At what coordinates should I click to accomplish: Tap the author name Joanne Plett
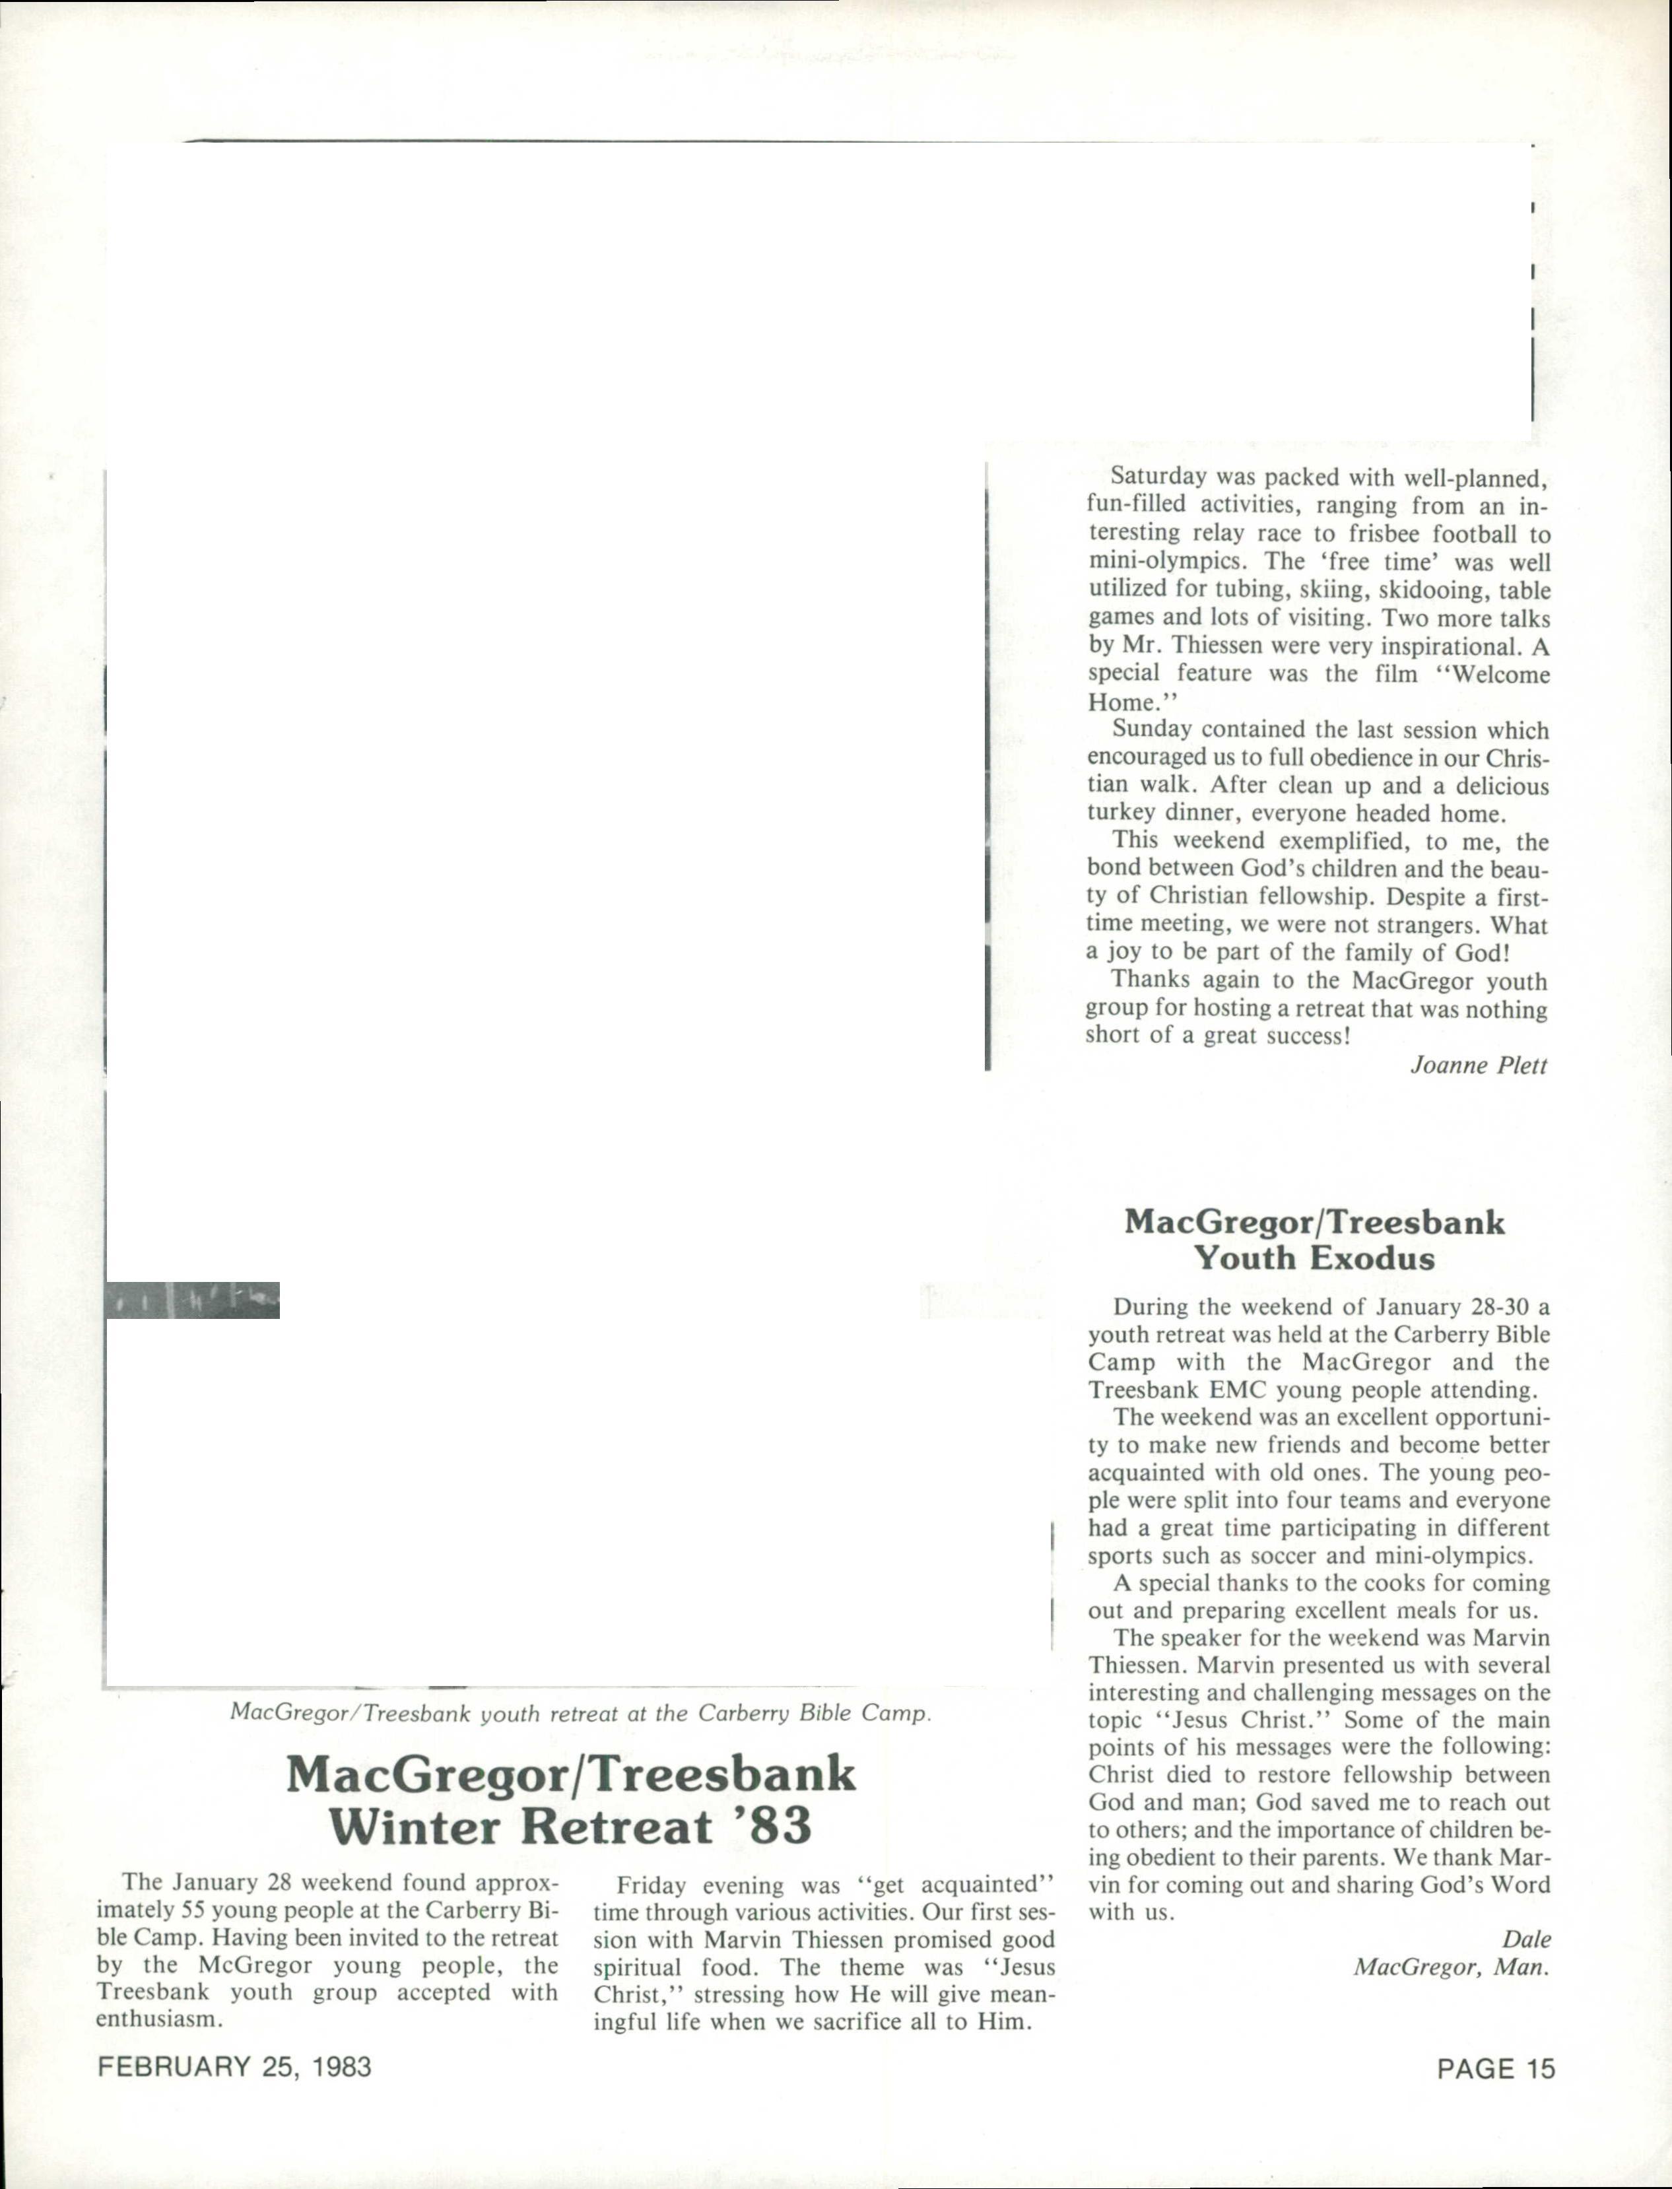1479,1065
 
